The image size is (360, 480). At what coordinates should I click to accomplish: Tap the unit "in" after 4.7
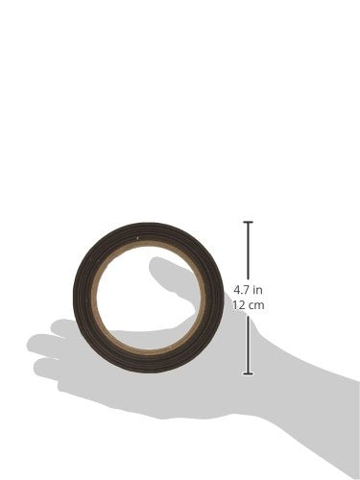257,290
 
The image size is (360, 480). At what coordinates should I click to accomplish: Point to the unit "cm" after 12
257,305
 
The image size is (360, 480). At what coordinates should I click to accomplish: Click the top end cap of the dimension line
249,222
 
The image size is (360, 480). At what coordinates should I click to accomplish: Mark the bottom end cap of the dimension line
249,373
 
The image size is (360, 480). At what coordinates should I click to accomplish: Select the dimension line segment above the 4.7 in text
249,251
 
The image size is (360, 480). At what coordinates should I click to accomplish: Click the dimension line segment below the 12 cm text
249,345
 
